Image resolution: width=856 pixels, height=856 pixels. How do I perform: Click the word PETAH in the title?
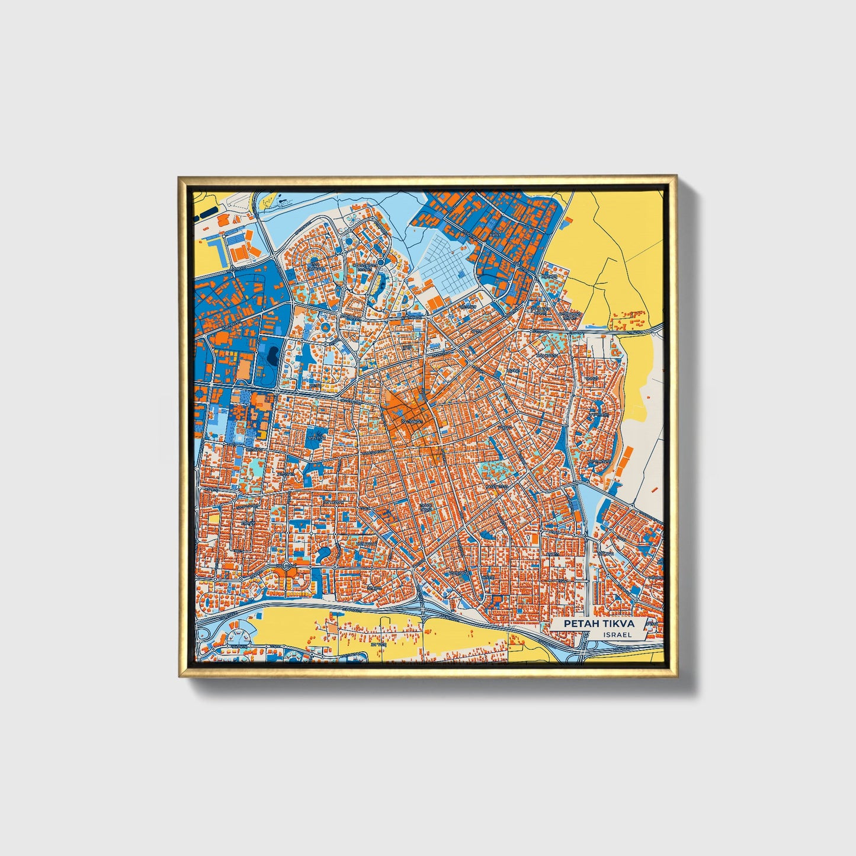579,624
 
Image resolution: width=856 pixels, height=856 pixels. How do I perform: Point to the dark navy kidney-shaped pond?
273,355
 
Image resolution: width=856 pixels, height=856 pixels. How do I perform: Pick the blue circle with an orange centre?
381,261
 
